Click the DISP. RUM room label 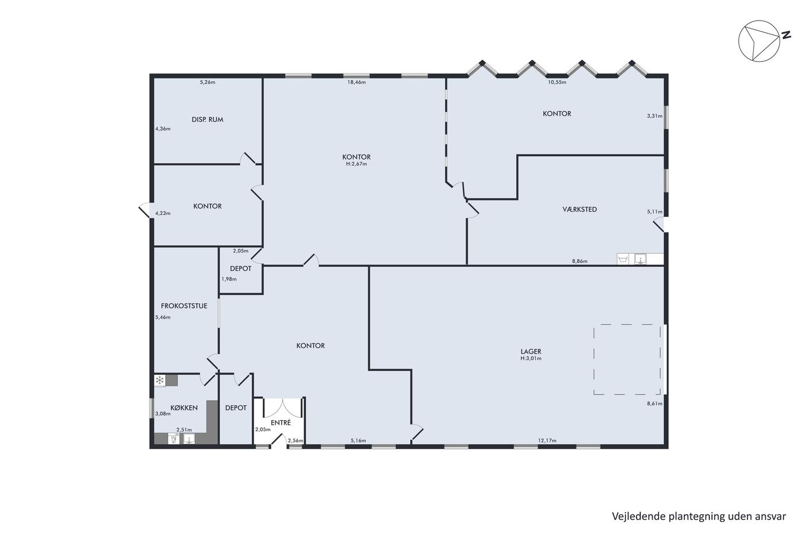point(207,119)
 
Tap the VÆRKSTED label point(579,209)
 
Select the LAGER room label point(531,351)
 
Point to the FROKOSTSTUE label point(184,306)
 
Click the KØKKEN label point(184,408)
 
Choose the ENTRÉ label point(280,422)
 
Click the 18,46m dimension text point(356,82)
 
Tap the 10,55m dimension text point(557,82)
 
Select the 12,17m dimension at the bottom point(547,441)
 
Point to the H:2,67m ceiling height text point(356,164)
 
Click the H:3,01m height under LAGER point(531,358)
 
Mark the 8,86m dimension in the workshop point(580,261)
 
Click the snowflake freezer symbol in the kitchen point(159,381)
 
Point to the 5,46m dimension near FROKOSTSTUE point(163,317)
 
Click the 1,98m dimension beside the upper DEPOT point(229,279)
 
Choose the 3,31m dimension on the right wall point(654,116)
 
